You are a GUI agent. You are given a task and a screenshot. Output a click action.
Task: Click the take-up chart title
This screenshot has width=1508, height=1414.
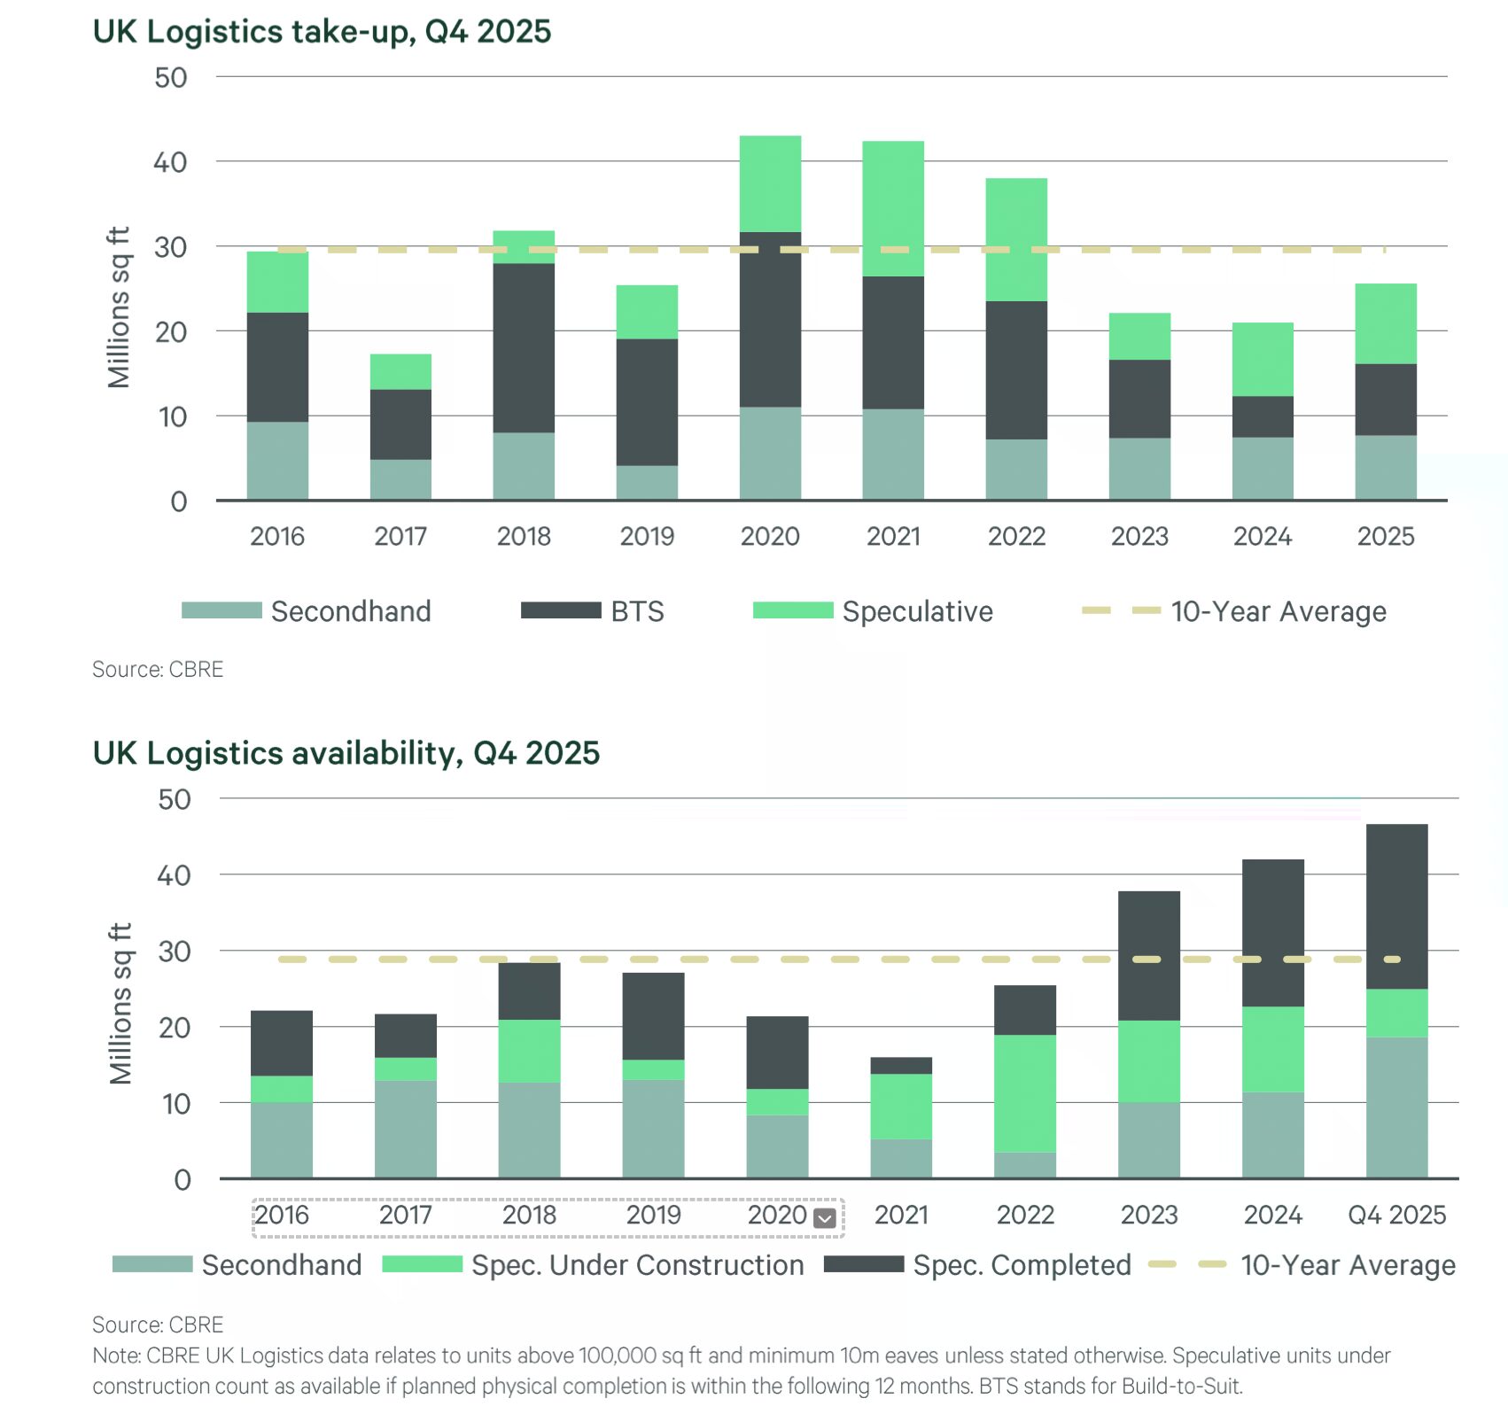pyautogui.click(x=322, y=32)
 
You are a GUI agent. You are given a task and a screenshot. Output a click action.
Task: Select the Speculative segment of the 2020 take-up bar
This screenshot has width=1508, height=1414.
pyautogui.click(x=770, y=183)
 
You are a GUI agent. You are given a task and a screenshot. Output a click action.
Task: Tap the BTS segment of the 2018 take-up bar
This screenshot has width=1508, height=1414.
pyautogui.click(x=524, y=347)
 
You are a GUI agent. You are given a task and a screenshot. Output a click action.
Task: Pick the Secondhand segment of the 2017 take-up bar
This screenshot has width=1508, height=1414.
pyautogui.click(x=400, y=479)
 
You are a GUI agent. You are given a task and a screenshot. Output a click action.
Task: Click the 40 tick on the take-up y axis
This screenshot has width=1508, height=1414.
pyautogui.click(x=170, y=162)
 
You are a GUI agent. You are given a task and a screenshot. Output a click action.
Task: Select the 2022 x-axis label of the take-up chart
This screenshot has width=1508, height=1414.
pyautogui.click(x=1016, y=536)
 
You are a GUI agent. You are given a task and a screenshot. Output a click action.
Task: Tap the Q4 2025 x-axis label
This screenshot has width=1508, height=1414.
pyautogui.click(x=1396, y=1215)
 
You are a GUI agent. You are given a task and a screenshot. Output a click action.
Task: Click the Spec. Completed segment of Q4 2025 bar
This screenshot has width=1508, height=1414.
pyautogui.click(x=1396, y=905)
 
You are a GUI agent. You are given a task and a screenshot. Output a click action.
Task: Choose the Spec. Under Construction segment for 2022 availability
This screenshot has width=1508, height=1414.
pyautogui.click(x=1025, y=1092)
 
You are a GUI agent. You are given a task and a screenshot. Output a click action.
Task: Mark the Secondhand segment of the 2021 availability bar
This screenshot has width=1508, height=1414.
pyautogui.click(x=901, y=1158)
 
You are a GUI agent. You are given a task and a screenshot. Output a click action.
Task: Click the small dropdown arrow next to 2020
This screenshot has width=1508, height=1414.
pyautogui.click(x=824, y=1218)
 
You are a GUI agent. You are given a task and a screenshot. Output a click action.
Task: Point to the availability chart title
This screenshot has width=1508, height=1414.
pyautogui.click(x=346, y=753)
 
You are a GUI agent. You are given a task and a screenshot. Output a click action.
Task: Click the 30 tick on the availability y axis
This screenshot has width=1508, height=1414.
pyautogui.click(x=174, y=952)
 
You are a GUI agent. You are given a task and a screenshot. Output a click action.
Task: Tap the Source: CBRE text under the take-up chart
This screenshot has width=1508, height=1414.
pyautogui.click(x=158, y=669)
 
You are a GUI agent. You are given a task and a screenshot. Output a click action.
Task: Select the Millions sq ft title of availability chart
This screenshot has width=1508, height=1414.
pyautogui.click(x=120, y=1003)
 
